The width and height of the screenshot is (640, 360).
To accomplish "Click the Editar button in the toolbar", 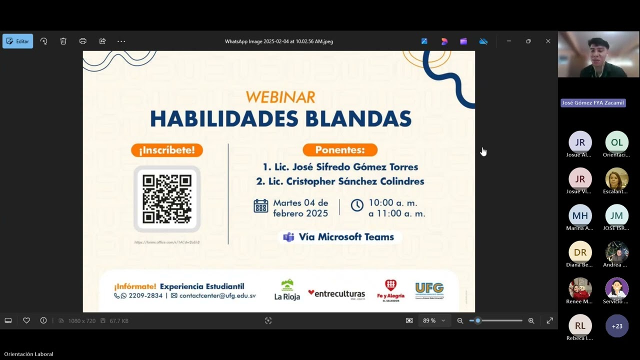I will (18, 41).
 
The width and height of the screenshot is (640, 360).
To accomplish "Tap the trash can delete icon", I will (63, 41).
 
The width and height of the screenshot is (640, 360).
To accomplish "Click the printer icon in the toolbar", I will (83, 41).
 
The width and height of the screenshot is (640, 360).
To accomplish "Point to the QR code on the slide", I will (167, 198).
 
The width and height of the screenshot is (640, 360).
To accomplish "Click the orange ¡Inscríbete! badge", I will (167, 150).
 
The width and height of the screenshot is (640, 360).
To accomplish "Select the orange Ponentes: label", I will (340, 150).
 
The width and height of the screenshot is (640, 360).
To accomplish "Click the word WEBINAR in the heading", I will (280, 96).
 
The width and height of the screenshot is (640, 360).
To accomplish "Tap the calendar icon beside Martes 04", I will (261, 206).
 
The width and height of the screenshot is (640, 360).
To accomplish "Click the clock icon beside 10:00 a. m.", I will (357, 205).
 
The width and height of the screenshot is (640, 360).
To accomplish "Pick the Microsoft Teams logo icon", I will (288, 237).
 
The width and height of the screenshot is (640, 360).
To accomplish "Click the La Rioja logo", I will (287, 290).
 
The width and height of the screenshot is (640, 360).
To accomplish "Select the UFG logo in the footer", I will (429, 290).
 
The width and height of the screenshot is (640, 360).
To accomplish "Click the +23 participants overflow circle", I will (617, 326).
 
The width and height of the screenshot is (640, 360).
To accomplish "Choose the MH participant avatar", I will (580, 216).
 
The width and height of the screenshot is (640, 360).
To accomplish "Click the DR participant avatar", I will (580, 252).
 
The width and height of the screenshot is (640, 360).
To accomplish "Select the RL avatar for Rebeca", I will (580, 326).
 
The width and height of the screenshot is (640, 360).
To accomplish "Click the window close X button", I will (548, 41).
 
